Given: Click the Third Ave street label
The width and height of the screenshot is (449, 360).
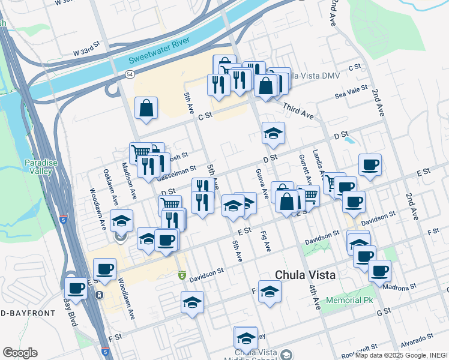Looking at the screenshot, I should point(298,110).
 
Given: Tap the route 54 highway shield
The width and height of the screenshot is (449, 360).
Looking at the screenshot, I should point(130,73).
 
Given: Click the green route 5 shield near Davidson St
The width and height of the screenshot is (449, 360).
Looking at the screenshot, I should point(182,275).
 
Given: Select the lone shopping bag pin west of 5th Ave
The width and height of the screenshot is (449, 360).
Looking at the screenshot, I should point(146,109).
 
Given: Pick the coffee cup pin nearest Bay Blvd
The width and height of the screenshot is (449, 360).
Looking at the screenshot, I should point(76,289).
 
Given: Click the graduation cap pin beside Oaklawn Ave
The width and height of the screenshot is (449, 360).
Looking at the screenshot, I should point(122,220).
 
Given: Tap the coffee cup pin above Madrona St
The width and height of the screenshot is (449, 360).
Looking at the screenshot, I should point(379,271).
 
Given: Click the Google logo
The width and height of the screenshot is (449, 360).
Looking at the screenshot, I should point(20,353).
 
